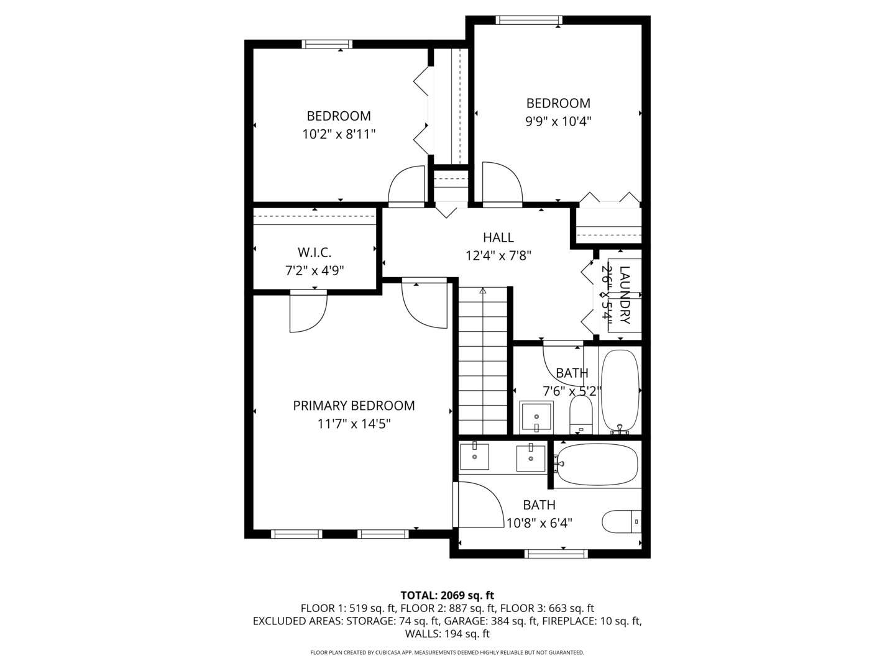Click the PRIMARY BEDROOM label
tap(354, 406)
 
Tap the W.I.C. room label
tap(314, 252)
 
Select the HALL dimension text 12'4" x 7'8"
tap(498, 255)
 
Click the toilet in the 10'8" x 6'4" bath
tap(621, 521)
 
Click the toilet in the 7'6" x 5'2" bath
tap(581, 414)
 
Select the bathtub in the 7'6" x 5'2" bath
tap(620, 391)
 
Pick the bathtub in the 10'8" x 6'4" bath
tap(597, 463)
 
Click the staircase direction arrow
tap(483, 291)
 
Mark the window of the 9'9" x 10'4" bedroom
tap(529, 21)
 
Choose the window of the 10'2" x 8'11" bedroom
tap(327, 44)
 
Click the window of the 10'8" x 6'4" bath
tap(556, 554)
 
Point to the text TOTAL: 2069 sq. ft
tap(447, 595)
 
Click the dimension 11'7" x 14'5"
tap(354, 424)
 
